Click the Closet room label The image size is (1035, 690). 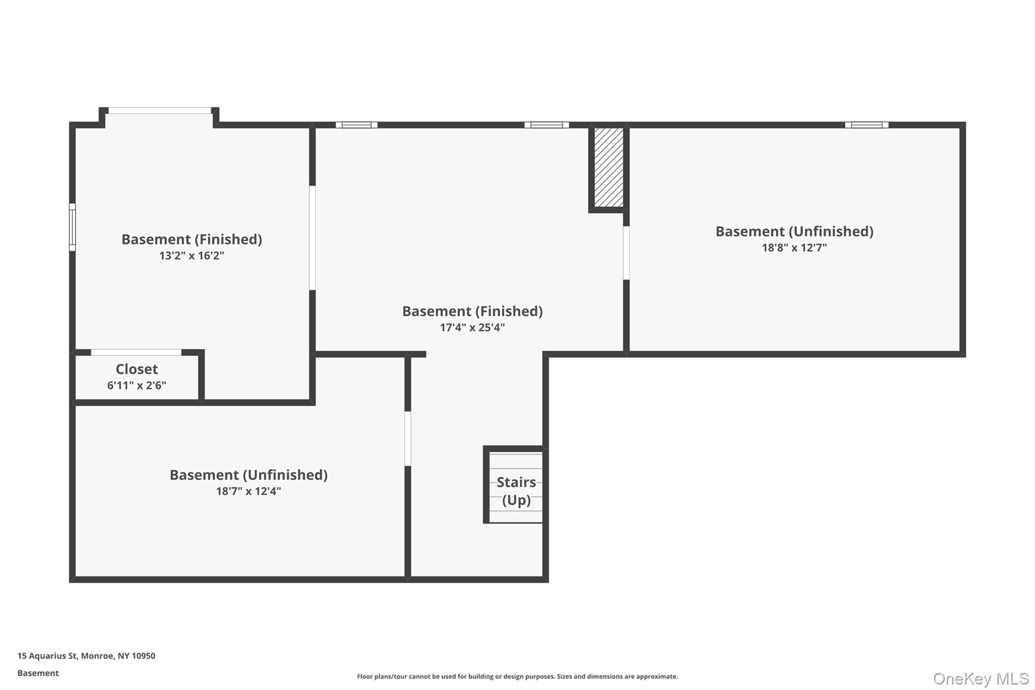click(136, 369)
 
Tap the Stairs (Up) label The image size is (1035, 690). click(516, 491)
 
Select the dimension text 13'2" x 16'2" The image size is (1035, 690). click(192, 255)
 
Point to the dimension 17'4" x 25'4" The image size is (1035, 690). click(472, 327)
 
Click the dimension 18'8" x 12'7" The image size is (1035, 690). click(794, 248)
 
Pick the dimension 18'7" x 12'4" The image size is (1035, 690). click(248, 491)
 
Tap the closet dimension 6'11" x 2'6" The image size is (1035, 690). click(136, 385)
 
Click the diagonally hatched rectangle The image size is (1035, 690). click(608, 167)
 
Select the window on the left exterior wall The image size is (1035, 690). click(72, 227)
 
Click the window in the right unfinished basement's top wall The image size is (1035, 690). click(866, 125)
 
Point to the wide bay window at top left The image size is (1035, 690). click(160, 110)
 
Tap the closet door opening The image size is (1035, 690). click(136, 352)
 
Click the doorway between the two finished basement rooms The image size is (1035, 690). click(312, 238)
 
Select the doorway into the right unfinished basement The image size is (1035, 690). click(626, 253)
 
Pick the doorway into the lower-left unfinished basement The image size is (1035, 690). click(407, 438)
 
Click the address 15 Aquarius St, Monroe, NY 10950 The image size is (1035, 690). click(86, 656)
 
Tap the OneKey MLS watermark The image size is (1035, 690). click(980, 678)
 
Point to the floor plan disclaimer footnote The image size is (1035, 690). click(517, 676)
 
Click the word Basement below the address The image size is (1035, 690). click(38, 673)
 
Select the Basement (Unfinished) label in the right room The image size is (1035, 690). click(794, 231)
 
